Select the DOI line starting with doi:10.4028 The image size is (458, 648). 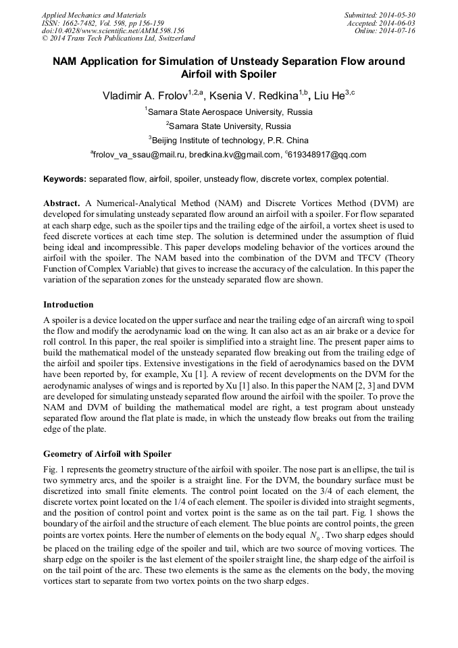point(113,31)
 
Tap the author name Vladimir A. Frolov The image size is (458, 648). point(141,96)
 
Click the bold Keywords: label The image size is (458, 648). point(65,179)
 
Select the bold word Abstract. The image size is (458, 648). point(62,203)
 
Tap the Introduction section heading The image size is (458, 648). point(68,304)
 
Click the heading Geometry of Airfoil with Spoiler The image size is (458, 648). point(107,453)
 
